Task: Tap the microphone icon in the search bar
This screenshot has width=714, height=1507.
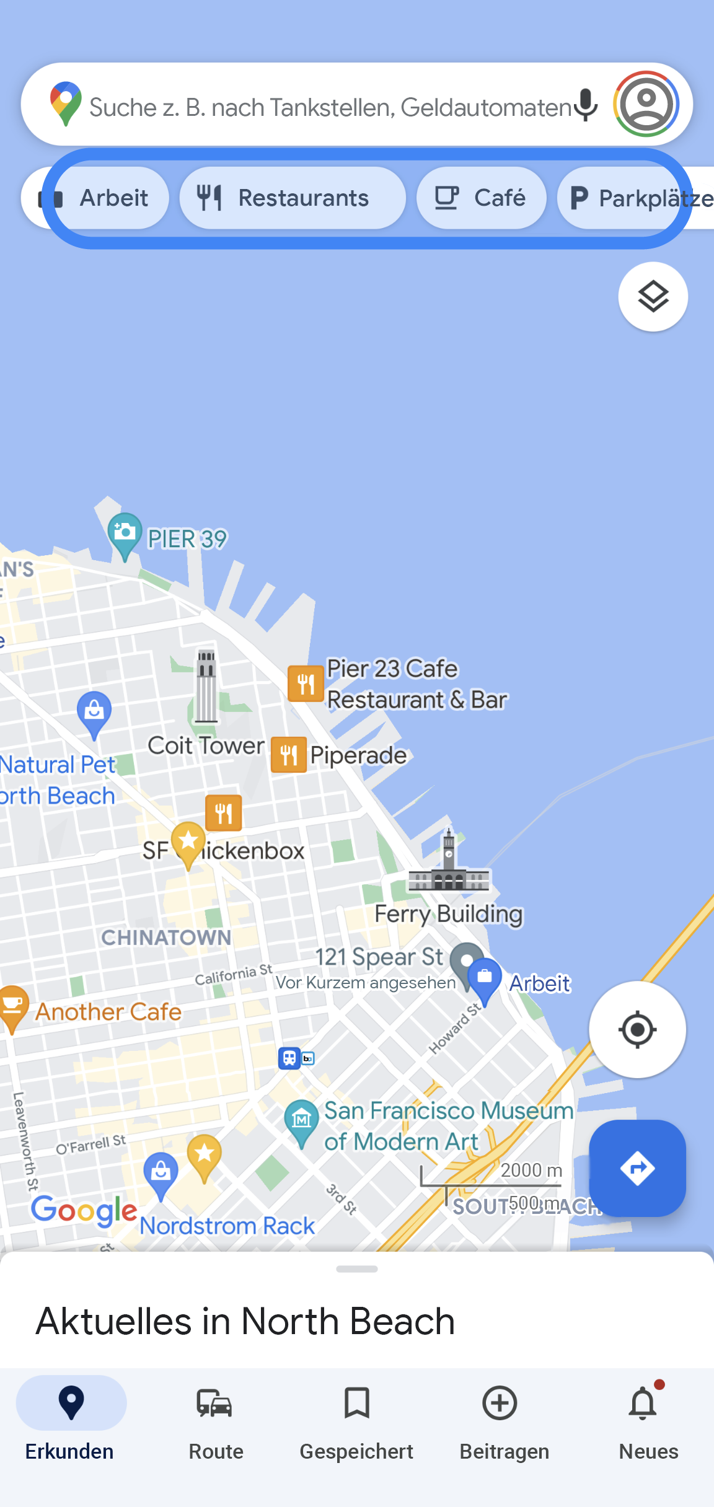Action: tap(585, 105)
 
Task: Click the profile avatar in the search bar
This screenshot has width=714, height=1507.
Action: tap(646, 103)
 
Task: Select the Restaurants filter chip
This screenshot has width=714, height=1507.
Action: tap(293, 198)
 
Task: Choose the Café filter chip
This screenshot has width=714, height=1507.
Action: tap(481, 198)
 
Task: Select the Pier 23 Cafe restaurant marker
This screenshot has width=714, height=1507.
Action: tap(306, 683)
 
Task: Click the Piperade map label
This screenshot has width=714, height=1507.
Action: tap(358, 755)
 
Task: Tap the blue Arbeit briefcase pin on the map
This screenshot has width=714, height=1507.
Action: tap(485, 979)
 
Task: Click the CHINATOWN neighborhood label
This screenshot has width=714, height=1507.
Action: tap(166, 938)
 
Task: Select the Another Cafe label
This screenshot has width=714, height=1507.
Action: tap(108, 1012)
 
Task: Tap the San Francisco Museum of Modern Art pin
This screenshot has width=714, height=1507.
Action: tap(302, 1120)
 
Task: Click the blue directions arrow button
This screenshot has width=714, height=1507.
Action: tap(637, 1168)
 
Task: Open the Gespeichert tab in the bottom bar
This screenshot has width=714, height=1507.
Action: tap(356, 1419)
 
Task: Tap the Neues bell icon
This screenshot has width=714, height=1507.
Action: tap(643, 1404)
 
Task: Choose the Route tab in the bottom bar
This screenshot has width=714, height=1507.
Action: tap(215, 1419)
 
